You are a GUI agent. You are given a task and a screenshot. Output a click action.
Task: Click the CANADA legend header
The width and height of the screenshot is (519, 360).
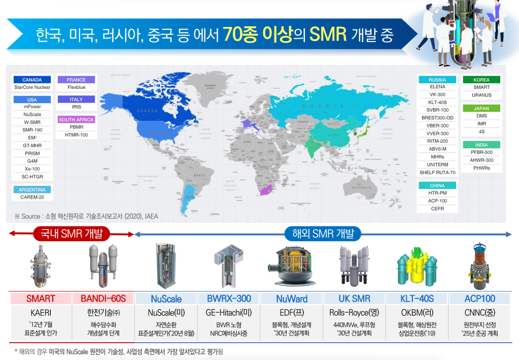pyautogui.click(x=32, y=80)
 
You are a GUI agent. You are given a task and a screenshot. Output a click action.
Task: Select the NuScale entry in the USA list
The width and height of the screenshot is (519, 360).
pyautogui.click(x=32, y=115)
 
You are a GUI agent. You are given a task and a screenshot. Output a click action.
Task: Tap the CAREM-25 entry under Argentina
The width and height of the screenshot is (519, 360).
pyautogui.click(x=32, y=197)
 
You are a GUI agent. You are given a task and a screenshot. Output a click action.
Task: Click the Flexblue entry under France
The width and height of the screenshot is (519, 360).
pyautogui.click(x=76, y=87)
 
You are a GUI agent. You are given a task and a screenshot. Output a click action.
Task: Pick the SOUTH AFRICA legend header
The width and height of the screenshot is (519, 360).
pyautogui.click(x=76, y=120)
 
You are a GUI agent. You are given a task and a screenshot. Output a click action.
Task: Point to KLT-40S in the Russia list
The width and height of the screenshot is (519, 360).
pyautogui.click(x=437, y=103)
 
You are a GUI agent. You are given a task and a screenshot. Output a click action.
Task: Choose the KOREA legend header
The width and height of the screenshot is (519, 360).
pyautogui.click(x=481, y=80)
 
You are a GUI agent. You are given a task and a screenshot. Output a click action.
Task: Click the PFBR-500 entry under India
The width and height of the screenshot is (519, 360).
pyautogui.click(x=481, y=152)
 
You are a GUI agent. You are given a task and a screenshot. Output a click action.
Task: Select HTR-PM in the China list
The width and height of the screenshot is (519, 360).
pyautogui.click(x=437, y=193)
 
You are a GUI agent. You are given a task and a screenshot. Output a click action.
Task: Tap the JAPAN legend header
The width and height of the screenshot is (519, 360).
pyautogui.click(x=481, y=109)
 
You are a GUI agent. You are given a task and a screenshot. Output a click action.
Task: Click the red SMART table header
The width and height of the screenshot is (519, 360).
pyautogui.click(x=41, y=299)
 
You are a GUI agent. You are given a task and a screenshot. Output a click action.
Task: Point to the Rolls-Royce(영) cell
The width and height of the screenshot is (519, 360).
pyautogui.click(x=354, y=312)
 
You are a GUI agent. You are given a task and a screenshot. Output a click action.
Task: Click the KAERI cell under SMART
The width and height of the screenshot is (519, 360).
pyautogui.click(x=41, y=312)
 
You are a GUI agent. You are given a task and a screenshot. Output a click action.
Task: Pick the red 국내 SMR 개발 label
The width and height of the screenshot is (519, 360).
pyautogui.click(x=68, y=234)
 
